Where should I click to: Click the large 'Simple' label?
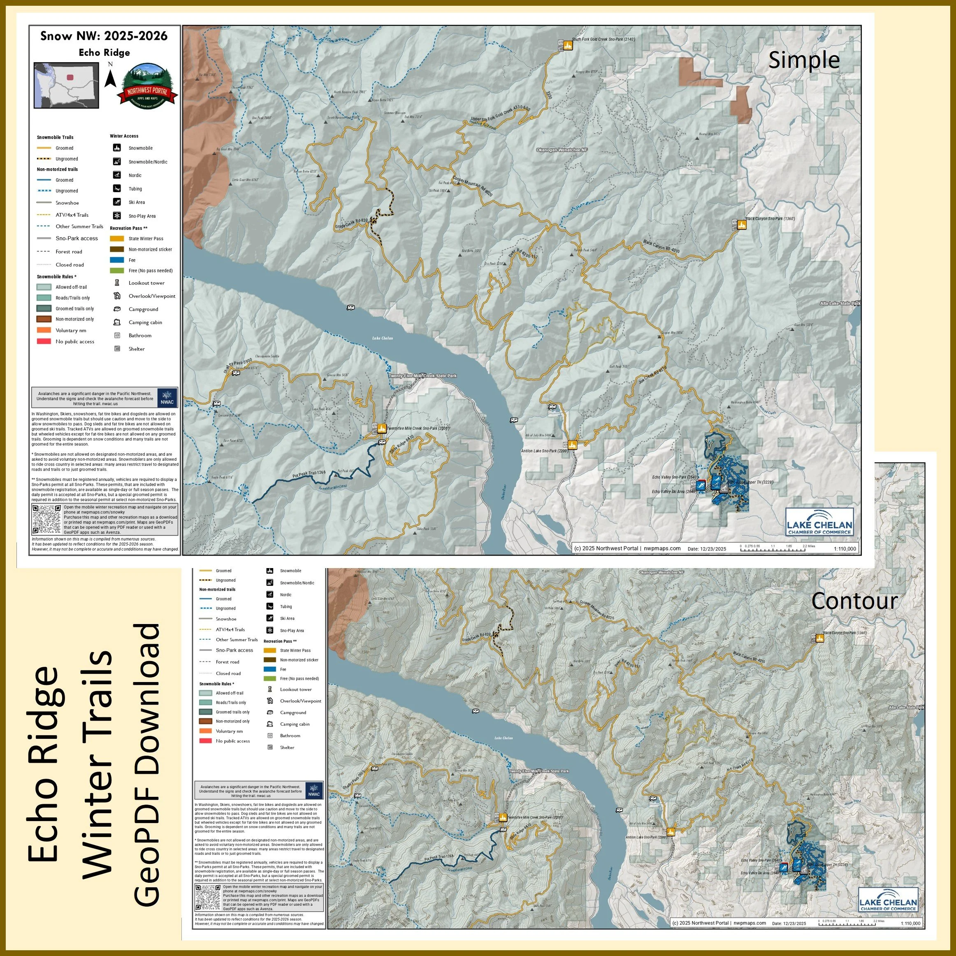coord(804,60)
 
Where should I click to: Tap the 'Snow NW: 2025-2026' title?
coord(104,36)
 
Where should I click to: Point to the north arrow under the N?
coord(110,79)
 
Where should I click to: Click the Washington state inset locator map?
coord(66,85)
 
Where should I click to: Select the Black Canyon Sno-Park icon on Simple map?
coord(741,225)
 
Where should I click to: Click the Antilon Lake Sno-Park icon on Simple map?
coord(573,445)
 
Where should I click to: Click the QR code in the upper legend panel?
coord(46,519)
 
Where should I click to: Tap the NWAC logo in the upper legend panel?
coord(167,397)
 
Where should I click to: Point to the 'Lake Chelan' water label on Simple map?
coord(383,338)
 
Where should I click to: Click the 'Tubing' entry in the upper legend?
coord(135,188)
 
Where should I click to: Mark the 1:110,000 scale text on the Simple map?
coord(845,549)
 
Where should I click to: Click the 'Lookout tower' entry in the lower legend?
coord(295,689)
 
